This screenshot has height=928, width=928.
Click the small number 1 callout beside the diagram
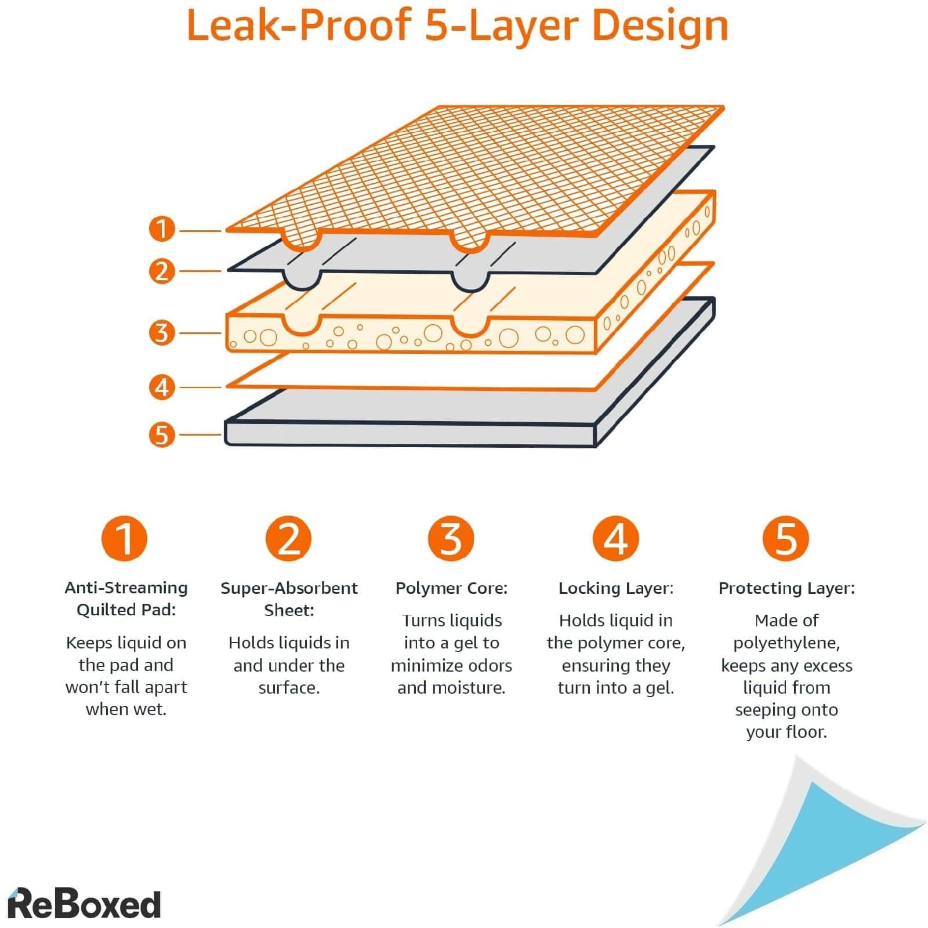coord(162,229)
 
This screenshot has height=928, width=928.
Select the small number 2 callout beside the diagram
coord(162,271)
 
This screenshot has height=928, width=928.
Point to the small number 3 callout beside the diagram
coord(162,333)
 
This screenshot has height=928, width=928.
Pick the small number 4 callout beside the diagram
coord(162,387)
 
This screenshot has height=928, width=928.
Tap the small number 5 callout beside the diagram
coord(162,434)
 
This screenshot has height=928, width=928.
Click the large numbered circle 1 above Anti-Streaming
coord(125,538)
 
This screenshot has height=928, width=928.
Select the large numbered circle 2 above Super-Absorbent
coord(289,538)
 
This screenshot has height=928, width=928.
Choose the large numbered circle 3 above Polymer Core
coord(451,538)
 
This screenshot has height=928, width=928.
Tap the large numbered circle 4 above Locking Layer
coord(615,538)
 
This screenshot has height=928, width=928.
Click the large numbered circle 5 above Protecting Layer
coord(786,538)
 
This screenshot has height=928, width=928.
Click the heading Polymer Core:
coord(451,588)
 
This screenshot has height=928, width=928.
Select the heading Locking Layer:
coord(615,588)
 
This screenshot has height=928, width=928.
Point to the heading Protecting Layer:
coord(786,588)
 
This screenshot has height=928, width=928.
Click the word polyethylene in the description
coord(785,643)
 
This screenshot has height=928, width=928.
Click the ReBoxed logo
coord(84,904)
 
